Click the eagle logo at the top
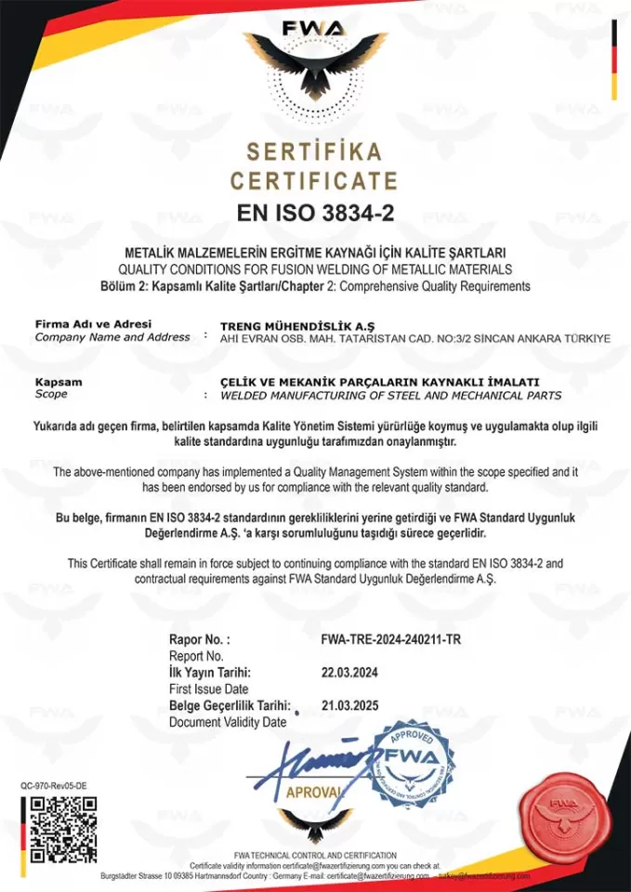(315, 65)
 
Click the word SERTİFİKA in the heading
(314, 151)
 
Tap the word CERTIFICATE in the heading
(314, 180)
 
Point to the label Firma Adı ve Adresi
(86, 324)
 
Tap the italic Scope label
(53, 395)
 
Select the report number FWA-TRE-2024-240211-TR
(390, 640)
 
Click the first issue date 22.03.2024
(350, 672)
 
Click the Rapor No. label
(199, 640)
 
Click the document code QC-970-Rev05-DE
(54, 786)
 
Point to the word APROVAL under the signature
(314, 792)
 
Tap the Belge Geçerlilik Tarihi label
(230, 705)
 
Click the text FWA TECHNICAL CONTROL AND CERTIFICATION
(315, 855)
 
